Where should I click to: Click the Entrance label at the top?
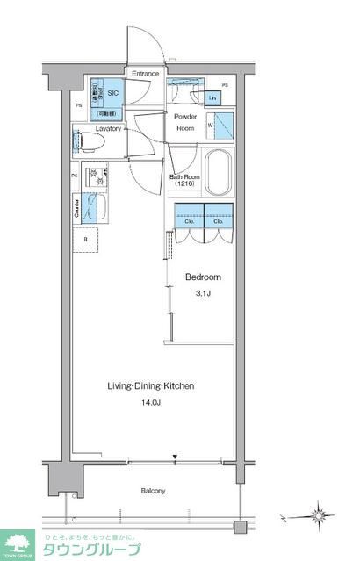[x=145, y=75]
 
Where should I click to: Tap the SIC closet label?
[x=112, y=91]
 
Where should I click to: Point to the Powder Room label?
[x=184, y=122]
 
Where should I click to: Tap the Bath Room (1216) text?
[x=184, y=181]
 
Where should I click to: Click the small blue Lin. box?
[x=213, y=98]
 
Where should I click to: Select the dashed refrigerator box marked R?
[x=86, y=239]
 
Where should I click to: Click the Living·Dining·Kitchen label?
[x=150, y=385]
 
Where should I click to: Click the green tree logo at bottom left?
[x=17, y=544]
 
